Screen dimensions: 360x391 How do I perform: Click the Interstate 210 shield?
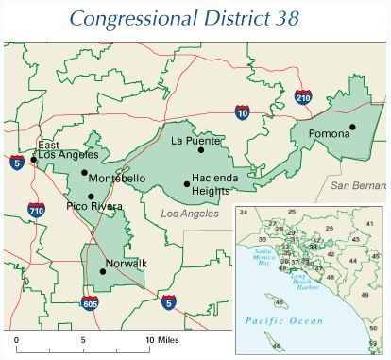coord(302,96)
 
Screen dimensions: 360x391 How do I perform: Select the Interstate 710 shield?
coord(36,210)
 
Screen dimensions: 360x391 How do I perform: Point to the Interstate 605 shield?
coord(90,302)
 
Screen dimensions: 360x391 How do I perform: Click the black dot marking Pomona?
coord(352,127)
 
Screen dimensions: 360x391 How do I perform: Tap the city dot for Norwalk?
coord(103,272)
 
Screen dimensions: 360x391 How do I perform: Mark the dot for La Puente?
coord(201,150)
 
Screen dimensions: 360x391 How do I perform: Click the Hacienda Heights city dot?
coord(186,184)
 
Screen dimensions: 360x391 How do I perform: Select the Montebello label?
coord(118,179)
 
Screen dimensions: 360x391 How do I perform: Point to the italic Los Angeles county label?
coord(189,214)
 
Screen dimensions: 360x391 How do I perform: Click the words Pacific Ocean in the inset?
coord(284,321)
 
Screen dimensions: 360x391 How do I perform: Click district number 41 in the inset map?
coord(369,224)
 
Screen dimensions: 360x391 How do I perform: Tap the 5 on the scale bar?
coord(82,338)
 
